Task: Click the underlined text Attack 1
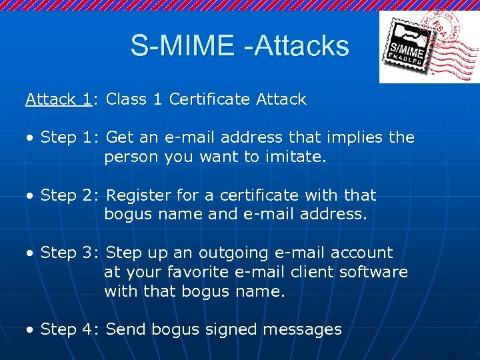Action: [59, 100]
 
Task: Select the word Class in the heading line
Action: [127, 100]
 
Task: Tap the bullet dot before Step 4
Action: [30, 329]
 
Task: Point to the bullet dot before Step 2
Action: [30, 196]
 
